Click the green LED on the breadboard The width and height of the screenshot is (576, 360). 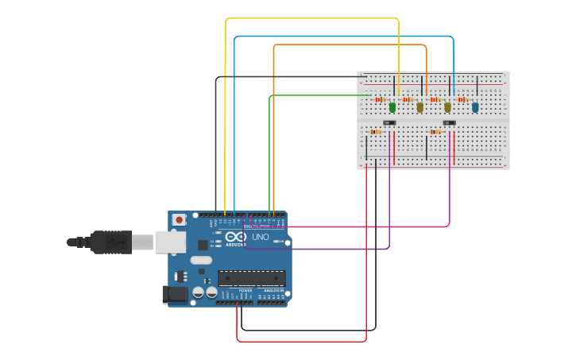392,106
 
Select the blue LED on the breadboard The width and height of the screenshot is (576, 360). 475,106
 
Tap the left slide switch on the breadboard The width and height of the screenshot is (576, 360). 389,122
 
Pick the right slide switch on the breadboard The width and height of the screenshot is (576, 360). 449,122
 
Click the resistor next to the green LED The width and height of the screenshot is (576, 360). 381,99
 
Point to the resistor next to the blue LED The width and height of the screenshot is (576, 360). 462,99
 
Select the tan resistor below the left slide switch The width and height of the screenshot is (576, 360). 376,132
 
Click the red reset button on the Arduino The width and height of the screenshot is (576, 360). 180,219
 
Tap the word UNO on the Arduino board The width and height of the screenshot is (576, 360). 261,237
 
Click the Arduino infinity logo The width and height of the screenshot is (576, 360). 235,236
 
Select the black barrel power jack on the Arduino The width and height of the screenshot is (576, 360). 176,295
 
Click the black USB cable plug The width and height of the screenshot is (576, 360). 110,242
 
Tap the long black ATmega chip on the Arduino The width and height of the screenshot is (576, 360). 252,278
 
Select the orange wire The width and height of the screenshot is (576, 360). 350,45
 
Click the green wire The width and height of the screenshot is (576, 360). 318,95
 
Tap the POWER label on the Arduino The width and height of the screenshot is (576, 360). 245,291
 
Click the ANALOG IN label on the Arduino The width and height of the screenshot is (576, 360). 273,291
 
